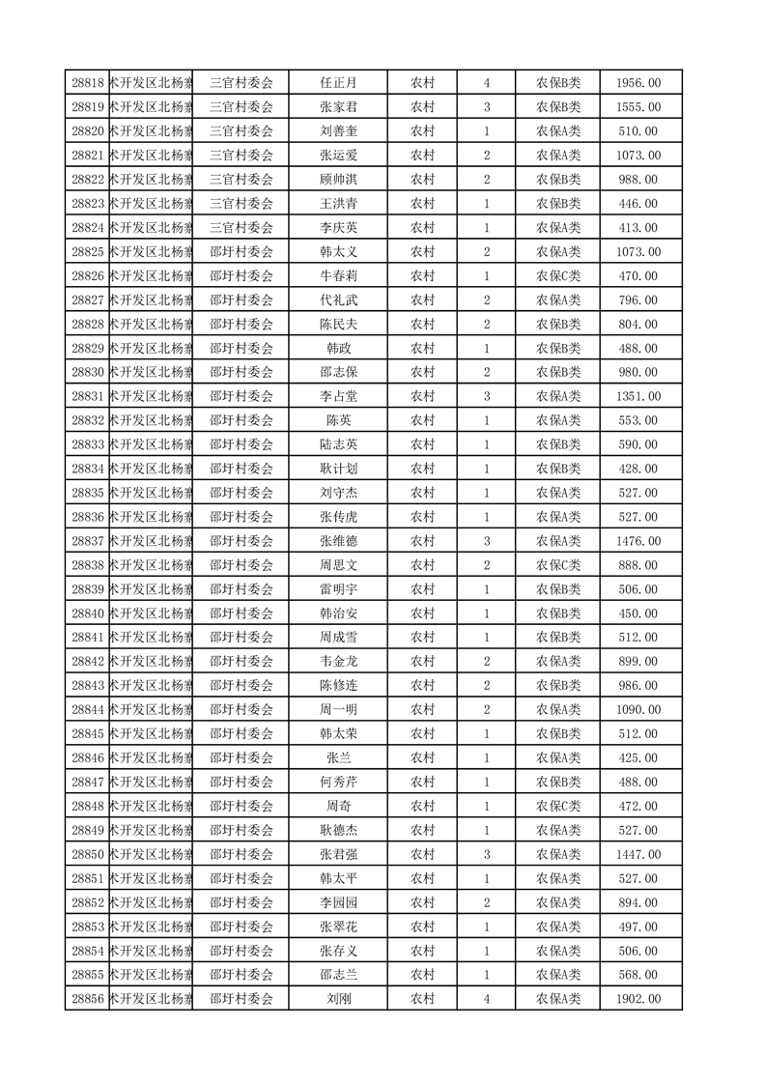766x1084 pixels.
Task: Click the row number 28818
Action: (88, 83)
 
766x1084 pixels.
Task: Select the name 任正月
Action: (338, 83)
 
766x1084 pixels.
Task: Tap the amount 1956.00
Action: (638, 83)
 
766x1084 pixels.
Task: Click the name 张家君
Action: (338, 107)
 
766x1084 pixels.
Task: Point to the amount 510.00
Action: (638, 131)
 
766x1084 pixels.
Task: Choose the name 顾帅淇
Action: (338, 180)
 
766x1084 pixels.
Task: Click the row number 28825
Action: (88, 252)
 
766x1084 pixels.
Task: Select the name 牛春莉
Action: (338, 276)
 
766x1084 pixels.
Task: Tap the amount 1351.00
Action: (638, 396)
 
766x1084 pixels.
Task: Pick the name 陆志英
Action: (338, 444)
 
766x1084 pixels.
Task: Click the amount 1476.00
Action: (638, 541)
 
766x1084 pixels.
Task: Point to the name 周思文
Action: (338, 565)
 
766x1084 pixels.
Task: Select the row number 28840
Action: (88, 613)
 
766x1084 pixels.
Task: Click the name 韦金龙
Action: (338, 662)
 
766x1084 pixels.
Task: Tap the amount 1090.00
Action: (638, 710)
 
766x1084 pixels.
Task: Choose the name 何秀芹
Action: (338, 782)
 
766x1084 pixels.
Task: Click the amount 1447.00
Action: (638, 854)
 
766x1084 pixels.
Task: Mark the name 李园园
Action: (338, 902)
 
